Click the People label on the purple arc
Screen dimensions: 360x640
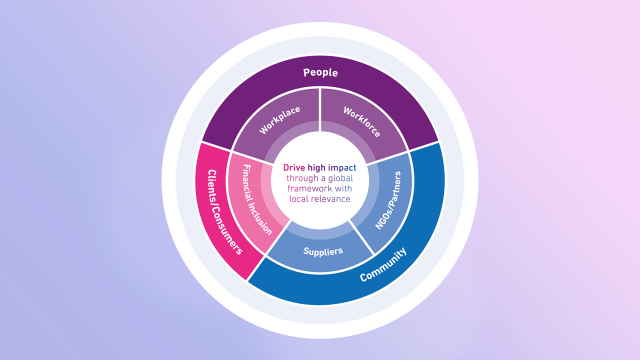320,72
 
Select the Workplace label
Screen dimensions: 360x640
280,120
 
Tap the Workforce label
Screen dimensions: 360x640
361,121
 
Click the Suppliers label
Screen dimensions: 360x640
323,251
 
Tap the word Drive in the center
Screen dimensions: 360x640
293,168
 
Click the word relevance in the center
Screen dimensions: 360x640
330,199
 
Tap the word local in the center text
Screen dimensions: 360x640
299,199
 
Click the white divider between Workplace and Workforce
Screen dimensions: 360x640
320,110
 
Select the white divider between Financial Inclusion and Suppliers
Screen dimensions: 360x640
277,240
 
